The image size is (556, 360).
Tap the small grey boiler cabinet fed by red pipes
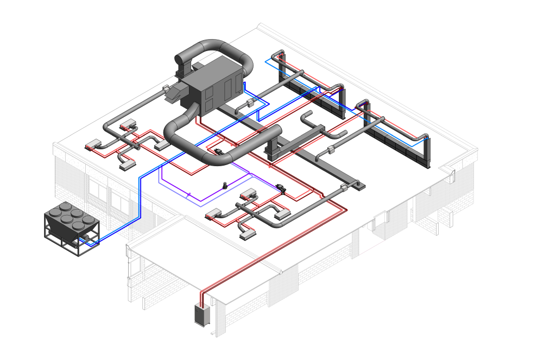click(x=202, y=315)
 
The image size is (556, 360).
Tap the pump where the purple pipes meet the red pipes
click(x=281, y=188)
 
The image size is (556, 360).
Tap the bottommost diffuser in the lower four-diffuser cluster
click(x=248, y=234)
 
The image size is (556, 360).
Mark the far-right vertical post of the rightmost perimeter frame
click(x=427, y=152)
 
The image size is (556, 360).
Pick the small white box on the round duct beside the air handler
click(x=250, y=103)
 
